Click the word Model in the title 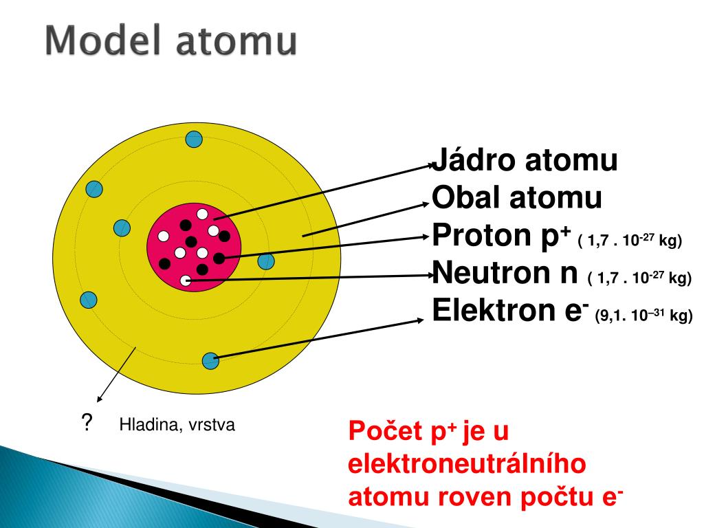pos(102,41)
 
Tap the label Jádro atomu pos(525,159)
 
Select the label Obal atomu pos(517,197)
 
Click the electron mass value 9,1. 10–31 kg pos(643,315)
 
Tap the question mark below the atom pos(87,423)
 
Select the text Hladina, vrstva pos(177,425)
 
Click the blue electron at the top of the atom pos(194,139)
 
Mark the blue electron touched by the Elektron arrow pos(210,360)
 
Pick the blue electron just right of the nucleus pos(266,261)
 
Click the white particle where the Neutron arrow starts pos(186,280)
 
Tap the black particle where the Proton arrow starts pos(219,258)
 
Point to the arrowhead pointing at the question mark pos(100,398)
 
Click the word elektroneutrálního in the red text pos(467,464)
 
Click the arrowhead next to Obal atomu pos(426,204)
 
